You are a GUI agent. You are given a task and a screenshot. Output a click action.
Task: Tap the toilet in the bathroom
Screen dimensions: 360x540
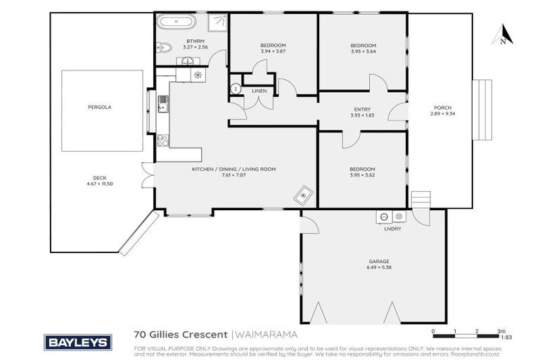[163, 49]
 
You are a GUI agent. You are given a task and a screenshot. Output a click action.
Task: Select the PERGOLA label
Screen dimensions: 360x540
[100, 107]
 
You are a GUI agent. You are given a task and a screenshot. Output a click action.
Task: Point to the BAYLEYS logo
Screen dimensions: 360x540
[77, 342]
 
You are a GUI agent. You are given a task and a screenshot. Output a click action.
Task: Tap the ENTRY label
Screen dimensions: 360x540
[361, 109]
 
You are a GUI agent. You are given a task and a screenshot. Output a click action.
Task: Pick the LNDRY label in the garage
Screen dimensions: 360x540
[392, 229]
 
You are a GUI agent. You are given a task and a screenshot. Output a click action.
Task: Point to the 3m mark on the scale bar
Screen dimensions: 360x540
[501, 330]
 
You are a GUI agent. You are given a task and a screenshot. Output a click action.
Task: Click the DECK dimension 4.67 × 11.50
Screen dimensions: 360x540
[100, 184]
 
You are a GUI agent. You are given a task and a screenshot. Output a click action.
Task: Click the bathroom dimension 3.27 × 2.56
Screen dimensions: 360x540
[195, 47]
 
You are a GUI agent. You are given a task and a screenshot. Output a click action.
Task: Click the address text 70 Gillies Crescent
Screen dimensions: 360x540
[181, 335]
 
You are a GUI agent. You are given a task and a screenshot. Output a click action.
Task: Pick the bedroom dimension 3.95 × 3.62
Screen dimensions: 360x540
[363, 174]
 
